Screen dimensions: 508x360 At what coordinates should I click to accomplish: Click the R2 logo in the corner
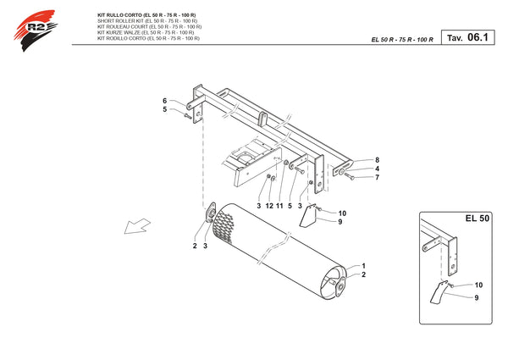pos(35,30)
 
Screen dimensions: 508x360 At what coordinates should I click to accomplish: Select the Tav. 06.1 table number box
pos(468,37)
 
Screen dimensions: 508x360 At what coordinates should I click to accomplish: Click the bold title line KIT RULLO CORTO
pos(146,15)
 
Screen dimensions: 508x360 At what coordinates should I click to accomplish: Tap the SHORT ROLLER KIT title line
pos(147,21)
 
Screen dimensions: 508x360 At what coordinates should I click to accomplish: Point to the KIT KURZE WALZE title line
pos(146,32)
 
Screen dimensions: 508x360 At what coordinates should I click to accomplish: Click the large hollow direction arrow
pos(137,226)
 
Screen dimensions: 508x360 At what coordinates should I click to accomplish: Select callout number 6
pos(164,101)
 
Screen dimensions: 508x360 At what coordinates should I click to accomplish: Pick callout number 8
pos(377,160)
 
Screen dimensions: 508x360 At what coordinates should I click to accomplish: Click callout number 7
pos(377,177)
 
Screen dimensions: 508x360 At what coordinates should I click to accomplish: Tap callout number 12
pos(269,206)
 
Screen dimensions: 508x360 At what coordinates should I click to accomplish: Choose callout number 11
pos(279,206)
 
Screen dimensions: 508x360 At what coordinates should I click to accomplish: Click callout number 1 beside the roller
pos(363,266)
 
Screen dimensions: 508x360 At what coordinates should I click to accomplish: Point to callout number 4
pos(377,169)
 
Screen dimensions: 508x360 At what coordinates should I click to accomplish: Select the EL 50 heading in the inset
pos(478,219)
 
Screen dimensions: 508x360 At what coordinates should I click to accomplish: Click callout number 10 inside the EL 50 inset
pos(478,285)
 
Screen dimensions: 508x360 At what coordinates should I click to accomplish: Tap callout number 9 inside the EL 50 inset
pos(476,297)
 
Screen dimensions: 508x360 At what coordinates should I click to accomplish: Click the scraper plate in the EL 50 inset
pos(438,292)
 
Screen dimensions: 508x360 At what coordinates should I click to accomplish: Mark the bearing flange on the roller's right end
pos(340,286)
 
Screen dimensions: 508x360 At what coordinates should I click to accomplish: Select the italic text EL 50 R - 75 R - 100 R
pos(402,40)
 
